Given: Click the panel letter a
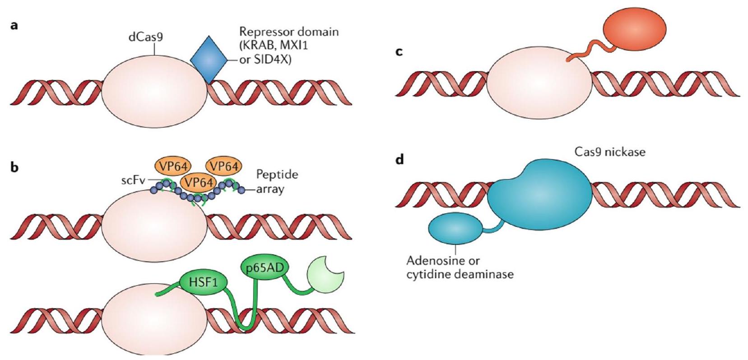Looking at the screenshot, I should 15,26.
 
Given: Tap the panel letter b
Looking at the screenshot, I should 15,168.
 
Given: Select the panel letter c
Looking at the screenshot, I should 399,52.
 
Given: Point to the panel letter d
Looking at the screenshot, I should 399,160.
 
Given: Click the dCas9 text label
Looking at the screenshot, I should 146,37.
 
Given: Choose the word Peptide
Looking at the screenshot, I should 277,175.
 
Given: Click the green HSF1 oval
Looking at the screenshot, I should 203,282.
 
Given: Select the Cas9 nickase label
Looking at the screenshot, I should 609,152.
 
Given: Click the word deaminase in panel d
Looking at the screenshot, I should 486,274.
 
